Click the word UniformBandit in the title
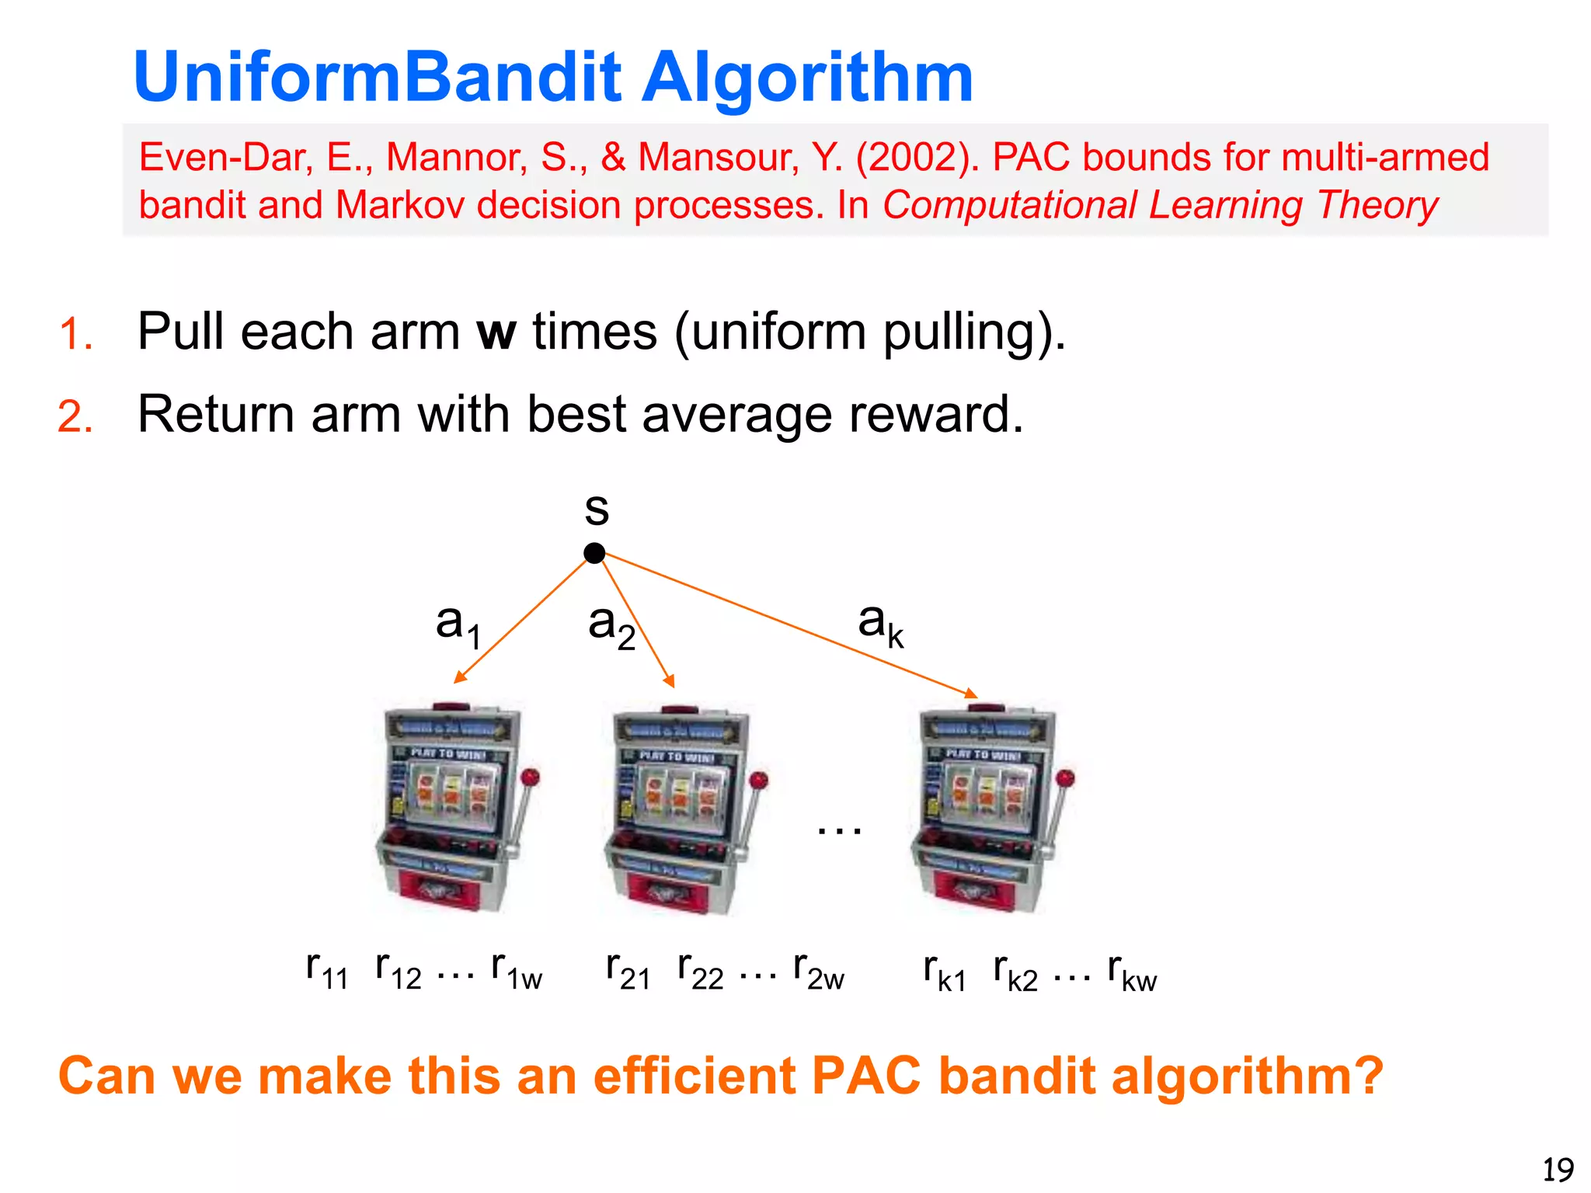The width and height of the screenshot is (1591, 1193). [x=377, y=78]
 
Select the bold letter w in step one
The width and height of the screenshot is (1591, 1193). [x=496, y=332]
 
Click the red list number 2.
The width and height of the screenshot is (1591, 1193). [x=75, y=417]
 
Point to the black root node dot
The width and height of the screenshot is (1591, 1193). [x=594, y=553]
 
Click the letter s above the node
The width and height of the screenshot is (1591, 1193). [x=597, y=510]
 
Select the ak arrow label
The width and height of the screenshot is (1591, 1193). [x=880, y=624]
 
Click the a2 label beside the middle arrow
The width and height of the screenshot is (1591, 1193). [x=611, y=626]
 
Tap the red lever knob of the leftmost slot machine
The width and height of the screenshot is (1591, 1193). [x=531, y=777]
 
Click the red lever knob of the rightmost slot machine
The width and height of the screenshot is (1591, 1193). [x=1066, y=777]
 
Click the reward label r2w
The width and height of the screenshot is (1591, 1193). [x=818, y=971]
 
